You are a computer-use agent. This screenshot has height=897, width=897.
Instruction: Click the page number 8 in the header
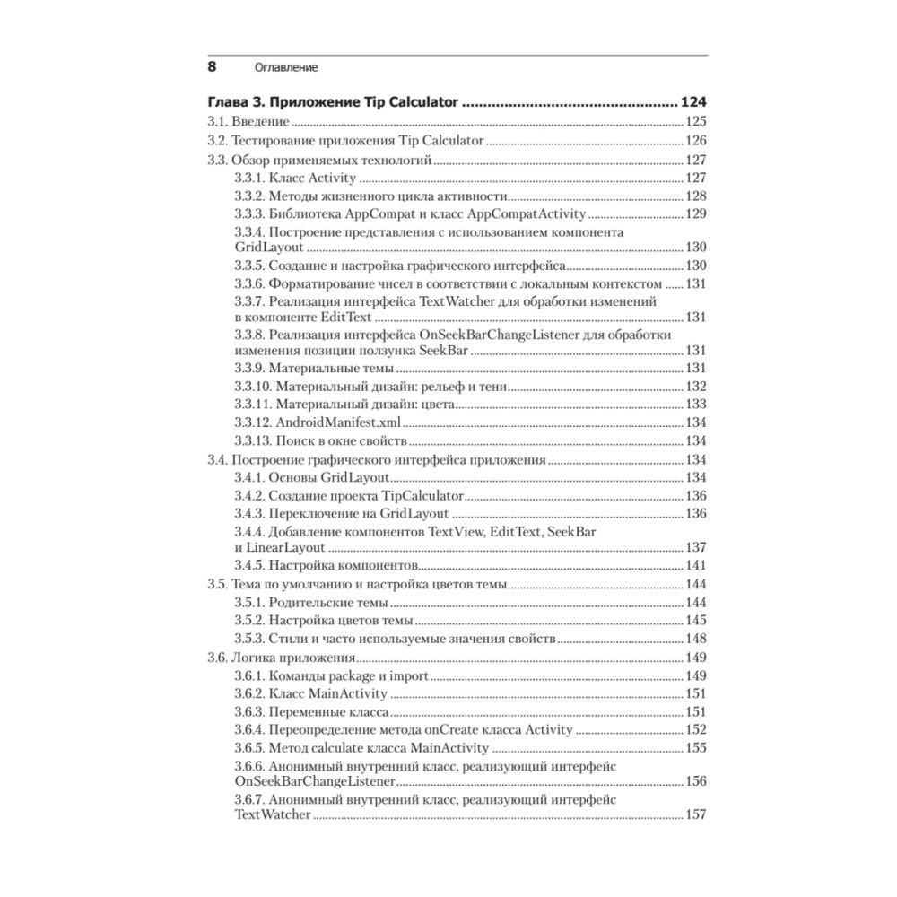213,66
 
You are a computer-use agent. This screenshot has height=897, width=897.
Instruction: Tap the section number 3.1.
218,121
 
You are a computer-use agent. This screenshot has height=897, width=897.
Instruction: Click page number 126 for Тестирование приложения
696,141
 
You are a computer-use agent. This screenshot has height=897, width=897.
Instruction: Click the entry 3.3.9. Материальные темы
313,369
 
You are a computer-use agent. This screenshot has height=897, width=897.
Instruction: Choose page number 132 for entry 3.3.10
696,387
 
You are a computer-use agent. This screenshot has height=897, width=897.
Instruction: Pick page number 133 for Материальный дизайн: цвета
696,405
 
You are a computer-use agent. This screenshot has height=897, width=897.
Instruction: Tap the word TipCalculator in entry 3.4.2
422,495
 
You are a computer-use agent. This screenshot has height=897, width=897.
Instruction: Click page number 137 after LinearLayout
696,547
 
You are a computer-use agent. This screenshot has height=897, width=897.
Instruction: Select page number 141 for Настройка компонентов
696,565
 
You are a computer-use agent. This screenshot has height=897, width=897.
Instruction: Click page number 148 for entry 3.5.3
696,639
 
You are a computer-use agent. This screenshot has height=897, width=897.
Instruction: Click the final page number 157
696,814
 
